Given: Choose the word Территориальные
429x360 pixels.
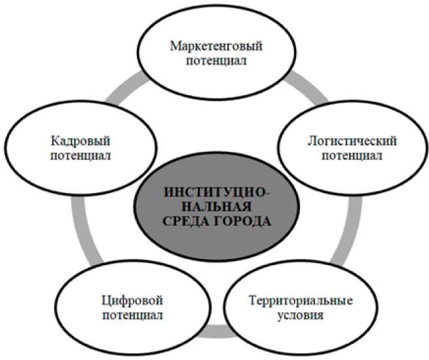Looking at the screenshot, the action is click(x=302, y=300).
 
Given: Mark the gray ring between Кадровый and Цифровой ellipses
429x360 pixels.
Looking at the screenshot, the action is click(x=78, y=229).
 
